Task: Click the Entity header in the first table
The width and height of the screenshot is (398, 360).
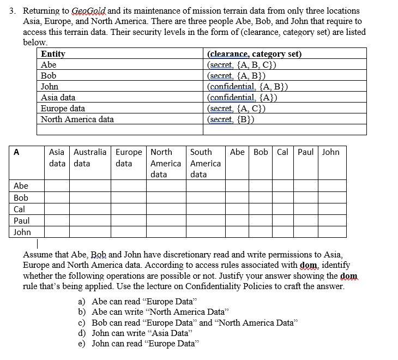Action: (53, 54)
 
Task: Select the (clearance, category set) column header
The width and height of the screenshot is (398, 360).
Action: (254, 54)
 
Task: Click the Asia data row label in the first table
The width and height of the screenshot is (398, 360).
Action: (58, 98)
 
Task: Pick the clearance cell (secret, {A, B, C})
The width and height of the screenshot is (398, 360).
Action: (243, 65)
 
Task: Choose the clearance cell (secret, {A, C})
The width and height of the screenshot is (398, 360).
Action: (236, 108)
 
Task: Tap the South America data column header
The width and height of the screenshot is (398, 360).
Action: (205, 163)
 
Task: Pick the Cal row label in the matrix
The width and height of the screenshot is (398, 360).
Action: (19, 209)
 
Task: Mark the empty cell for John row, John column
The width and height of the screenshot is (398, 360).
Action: (333, 232)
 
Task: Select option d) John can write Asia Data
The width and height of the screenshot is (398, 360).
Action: (140, 333)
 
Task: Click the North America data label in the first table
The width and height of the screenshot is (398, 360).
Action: (77, 119)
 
